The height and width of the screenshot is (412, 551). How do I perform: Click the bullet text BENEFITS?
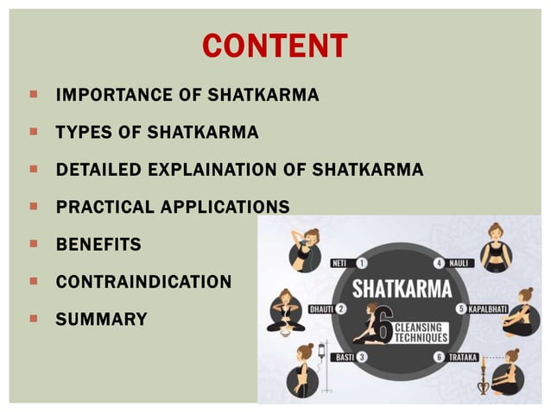(x=98, y=245)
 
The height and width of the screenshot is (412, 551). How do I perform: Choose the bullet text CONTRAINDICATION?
(x=143, y=282)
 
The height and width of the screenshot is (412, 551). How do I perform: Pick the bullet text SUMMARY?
(x=101, y=320)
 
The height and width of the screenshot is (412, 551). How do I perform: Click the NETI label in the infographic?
(x=343, y=263)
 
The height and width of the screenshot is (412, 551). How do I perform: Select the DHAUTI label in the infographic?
(x=321, y=309)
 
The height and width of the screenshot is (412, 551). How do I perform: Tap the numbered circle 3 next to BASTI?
(x=361, y=357)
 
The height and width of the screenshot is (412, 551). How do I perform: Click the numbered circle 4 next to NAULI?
(x=440, y=263)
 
